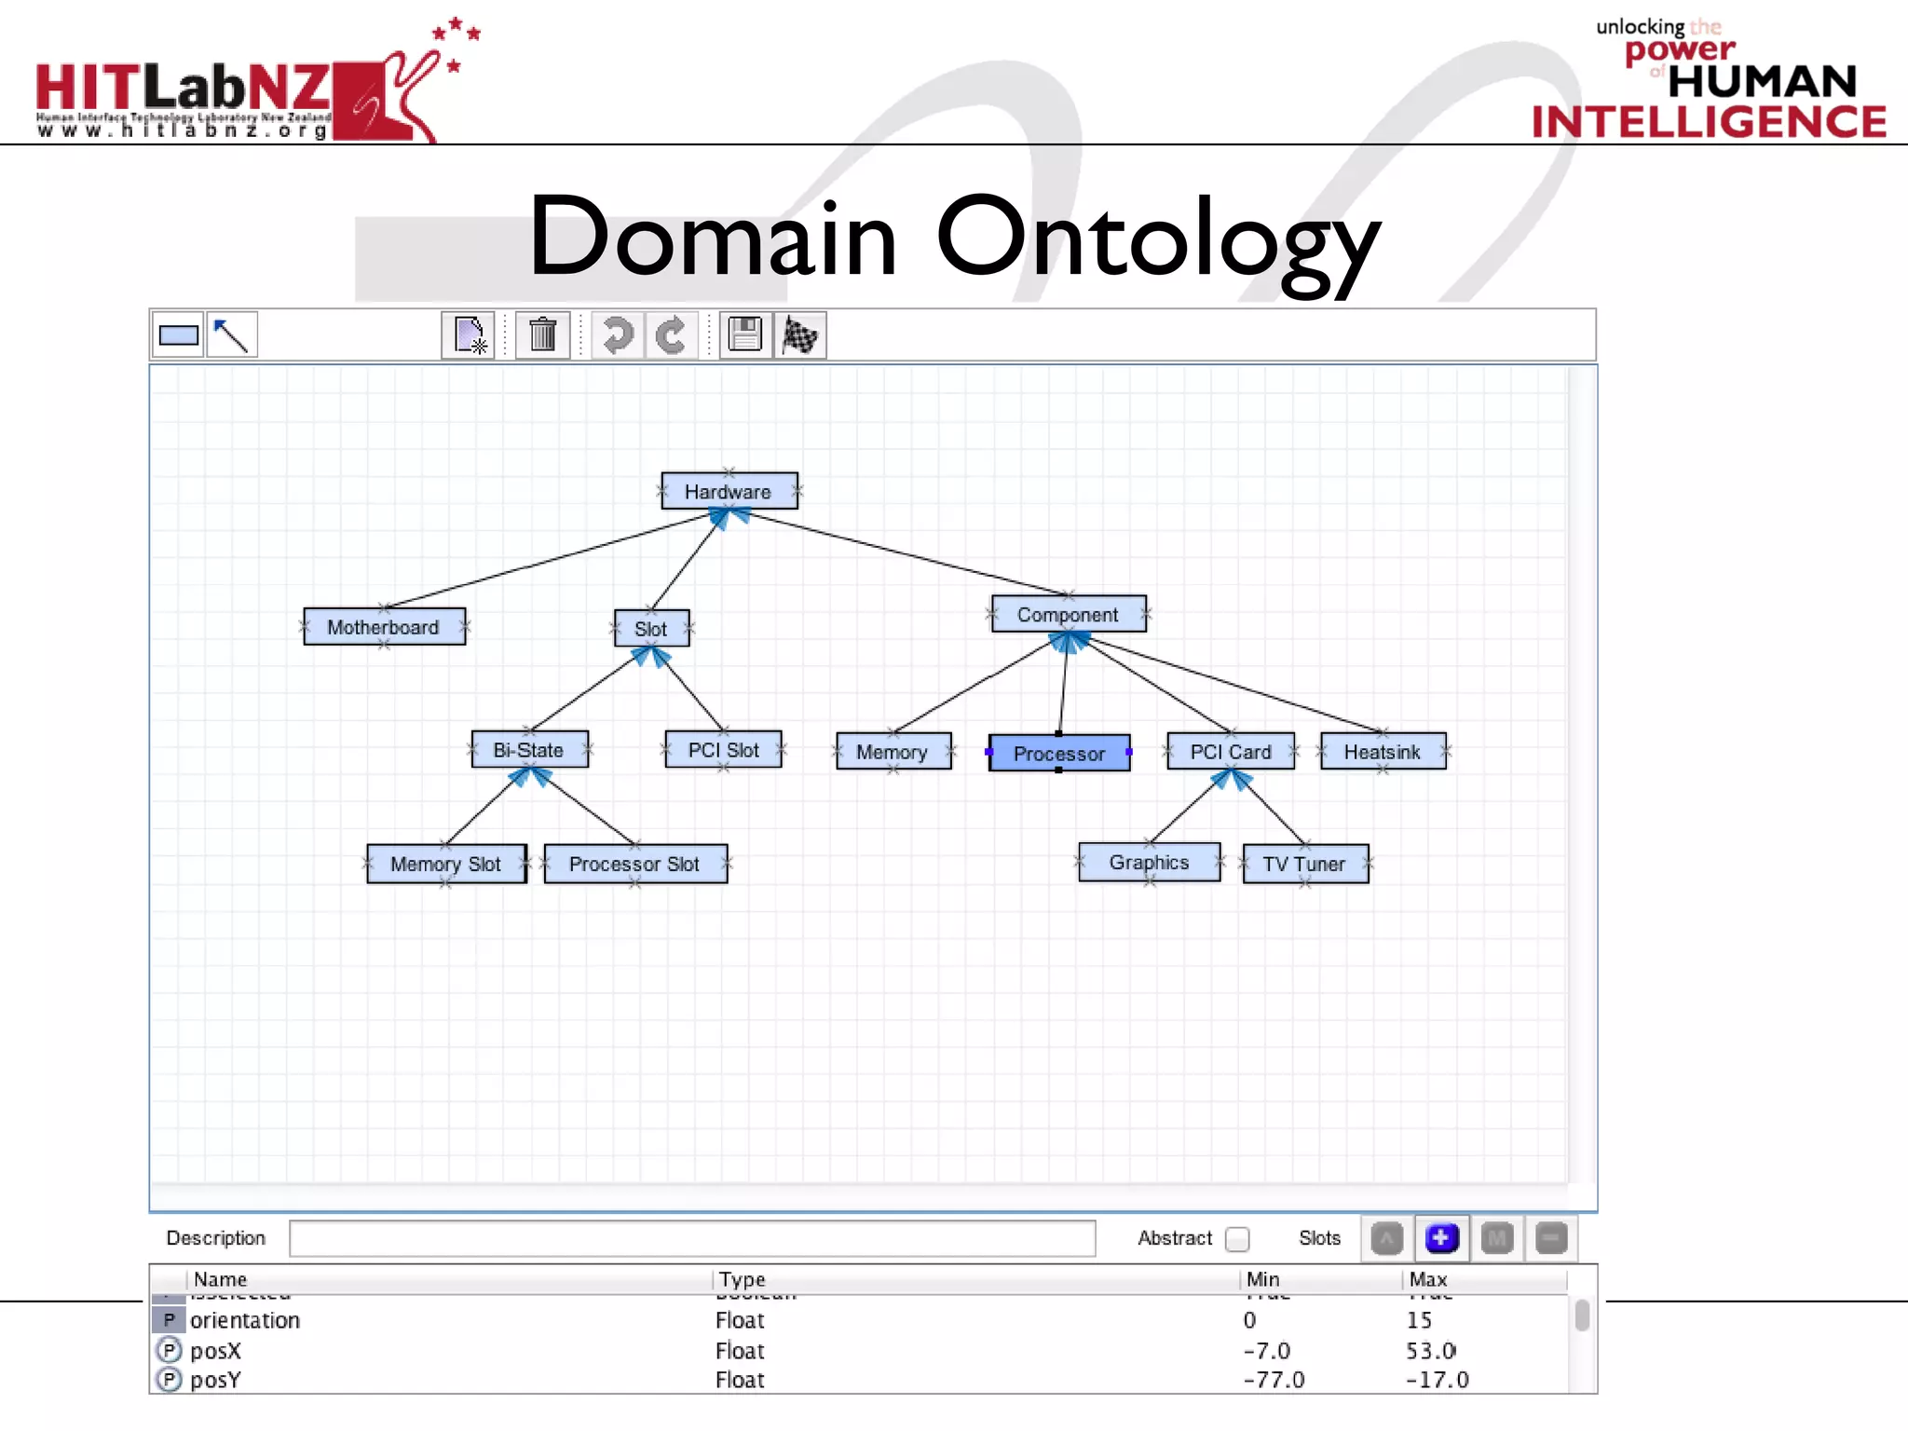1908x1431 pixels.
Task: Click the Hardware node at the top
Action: (x=729, y=491)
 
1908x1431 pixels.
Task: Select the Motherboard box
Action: (x=384, y=627)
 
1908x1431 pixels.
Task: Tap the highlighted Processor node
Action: (x=1059, y=753)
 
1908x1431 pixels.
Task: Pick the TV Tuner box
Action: (x=1305, y=864)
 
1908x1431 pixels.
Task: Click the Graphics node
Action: (x=1149, y=863)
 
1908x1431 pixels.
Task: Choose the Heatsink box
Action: (x=1383, y=752)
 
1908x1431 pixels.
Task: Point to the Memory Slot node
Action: (x=446, y=864)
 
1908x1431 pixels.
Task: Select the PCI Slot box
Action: (x=723, y=750)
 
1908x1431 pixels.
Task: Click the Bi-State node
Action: (x=529, y=750)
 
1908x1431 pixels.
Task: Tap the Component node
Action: (x=1068, y=615)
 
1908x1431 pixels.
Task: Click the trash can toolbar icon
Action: (x=542, y=334)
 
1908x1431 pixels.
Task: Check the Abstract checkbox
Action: (x=1237, y=1239)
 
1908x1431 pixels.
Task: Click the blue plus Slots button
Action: (x=1440, y=1238)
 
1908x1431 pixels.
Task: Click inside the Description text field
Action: (x=691, y=1238)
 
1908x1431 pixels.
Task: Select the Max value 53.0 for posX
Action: (x=1430, y=1350)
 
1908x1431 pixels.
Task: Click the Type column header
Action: (x=743, y=1279)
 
